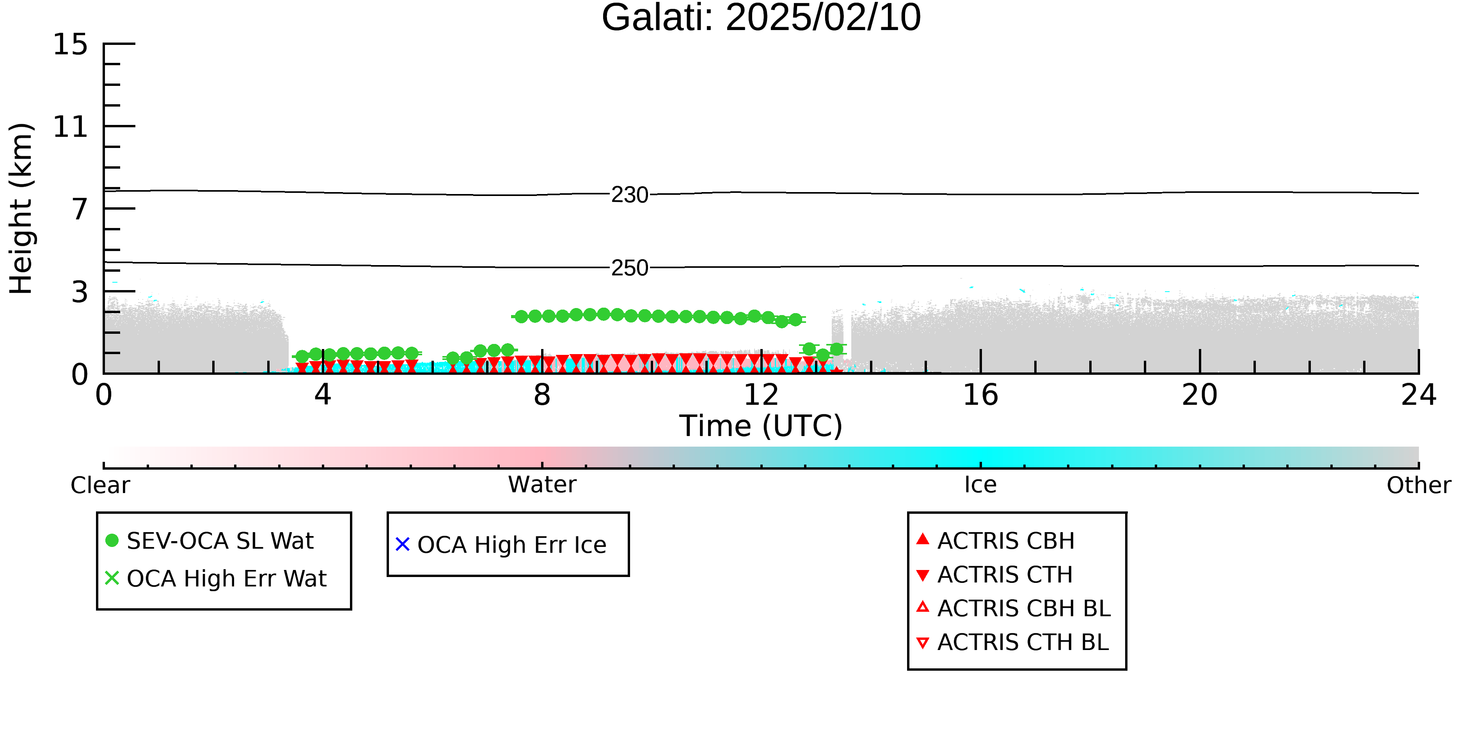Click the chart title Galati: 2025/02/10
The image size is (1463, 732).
point(761,18)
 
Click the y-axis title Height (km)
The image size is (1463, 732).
point(21,208)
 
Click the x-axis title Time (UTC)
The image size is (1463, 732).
point(761,426)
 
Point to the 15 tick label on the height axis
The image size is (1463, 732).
point(71,45)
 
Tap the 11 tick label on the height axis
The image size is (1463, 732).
point(71,127)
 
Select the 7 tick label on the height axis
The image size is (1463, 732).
point(80,209)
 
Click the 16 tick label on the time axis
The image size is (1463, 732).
point(980,395)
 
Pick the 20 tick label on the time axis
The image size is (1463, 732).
point(1200,395)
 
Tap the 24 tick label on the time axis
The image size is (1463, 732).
point(1419,395)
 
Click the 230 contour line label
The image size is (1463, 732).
point(630,195)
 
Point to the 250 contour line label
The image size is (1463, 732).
point(630,268)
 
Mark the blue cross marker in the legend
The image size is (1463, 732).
point(403,545)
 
